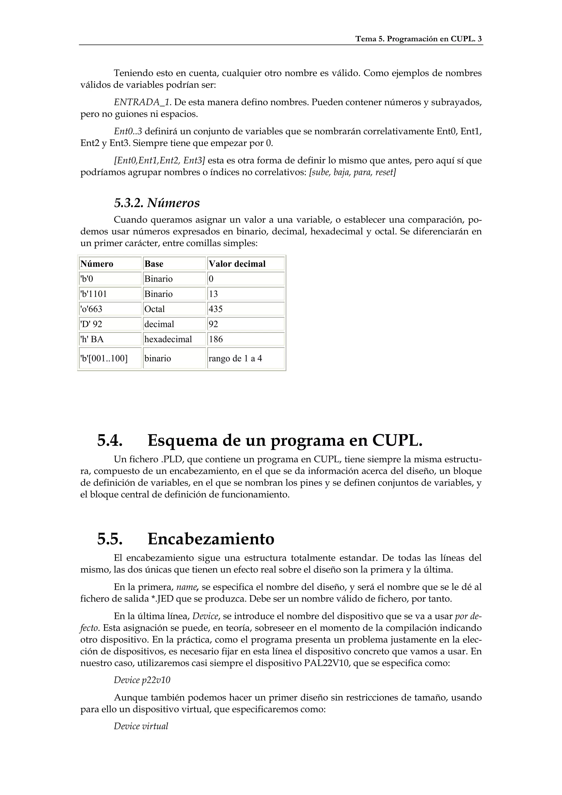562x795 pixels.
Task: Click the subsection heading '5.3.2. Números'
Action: [x=157, y=203]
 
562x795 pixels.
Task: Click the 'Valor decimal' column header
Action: [x=237, y=264]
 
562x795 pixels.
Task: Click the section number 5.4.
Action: [x=110, y=441]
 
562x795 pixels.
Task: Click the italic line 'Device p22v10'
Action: [x=142, y=680]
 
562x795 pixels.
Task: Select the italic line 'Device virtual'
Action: [x=141, y=726]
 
